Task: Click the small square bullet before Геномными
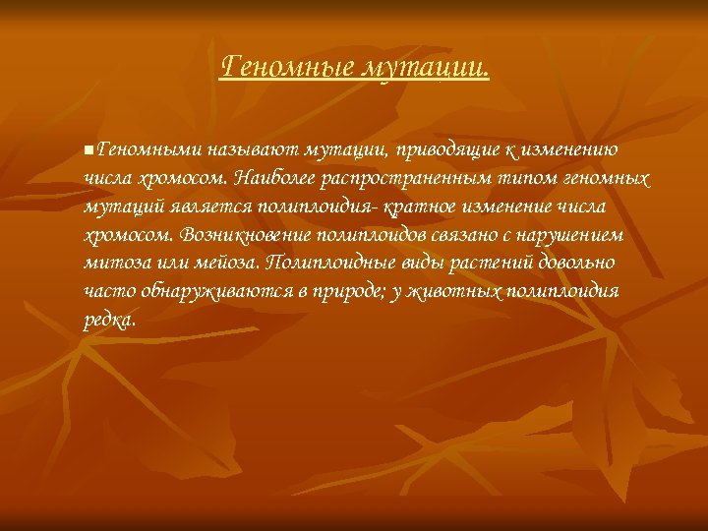click(x=88, y=150)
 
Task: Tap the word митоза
click(x=112, y=265)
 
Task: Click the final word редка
click(x=110, y=322)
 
